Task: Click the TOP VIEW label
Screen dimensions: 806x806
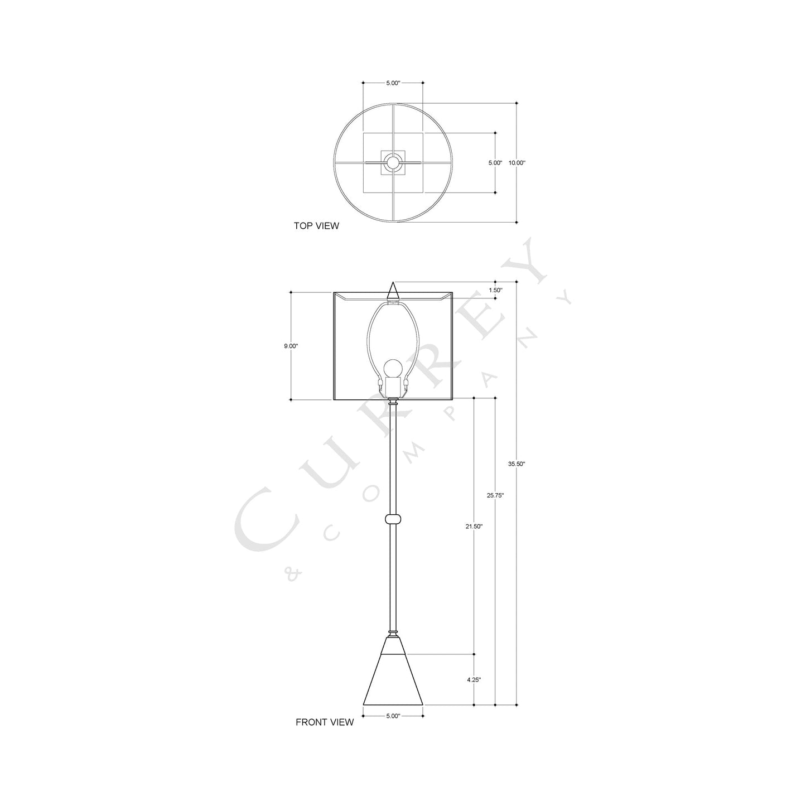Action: (x=316, y=226)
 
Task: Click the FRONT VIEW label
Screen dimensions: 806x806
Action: (x=324, y=722)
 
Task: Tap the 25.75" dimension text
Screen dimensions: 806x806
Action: (x=495, y=495)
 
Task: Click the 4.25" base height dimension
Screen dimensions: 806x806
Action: (x=474, y=679)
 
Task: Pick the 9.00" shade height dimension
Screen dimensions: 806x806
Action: (x=291, y=346)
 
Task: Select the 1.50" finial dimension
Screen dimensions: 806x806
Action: (x=495, y=290)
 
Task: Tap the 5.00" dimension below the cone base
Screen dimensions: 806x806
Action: (x=393, y=716)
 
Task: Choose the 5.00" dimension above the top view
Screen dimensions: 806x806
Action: (x=393, y=83)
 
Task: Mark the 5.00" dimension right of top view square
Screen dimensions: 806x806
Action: (x=495, y=163)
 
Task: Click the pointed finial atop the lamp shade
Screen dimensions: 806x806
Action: (x=393, y=291)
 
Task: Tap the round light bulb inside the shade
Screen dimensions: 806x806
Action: (x=393, y=368)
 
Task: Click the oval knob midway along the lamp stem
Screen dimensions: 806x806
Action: (x=393, y=519)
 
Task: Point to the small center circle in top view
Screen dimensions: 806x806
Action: (x=393, y=163)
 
